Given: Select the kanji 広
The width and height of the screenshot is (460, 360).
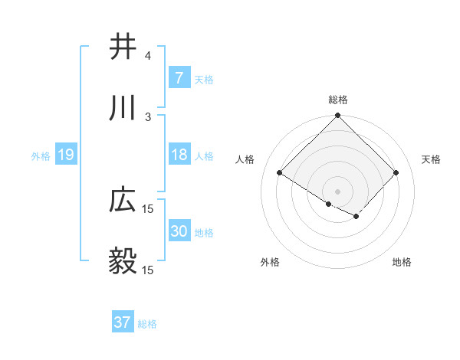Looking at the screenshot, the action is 123,201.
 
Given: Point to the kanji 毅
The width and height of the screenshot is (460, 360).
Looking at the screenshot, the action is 123,261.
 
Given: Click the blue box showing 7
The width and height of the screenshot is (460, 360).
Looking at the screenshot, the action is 179,77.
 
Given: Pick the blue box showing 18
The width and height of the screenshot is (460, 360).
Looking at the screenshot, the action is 179,155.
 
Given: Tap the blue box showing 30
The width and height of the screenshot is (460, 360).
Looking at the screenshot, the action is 179,231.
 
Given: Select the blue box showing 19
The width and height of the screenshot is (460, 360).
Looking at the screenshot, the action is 65,155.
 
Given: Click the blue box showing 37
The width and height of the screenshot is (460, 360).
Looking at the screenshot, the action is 122,322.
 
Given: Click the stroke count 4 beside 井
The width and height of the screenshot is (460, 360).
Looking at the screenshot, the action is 148,56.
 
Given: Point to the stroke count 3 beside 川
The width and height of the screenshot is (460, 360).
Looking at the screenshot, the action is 148,116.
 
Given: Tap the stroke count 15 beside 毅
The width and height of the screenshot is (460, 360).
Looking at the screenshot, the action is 148,270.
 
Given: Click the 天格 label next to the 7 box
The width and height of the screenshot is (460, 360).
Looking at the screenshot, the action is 204,79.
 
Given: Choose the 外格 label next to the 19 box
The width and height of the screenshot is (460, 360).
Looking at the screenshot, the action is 41,156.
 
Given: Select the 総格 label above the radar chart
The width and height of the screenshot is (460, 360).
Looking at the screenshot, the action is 338,100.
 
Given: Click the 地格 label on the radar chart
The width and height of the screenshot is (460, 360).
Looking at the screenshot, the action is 402,262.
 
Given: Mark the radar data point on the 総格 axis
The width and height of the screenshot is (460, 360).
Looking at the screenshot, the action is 338,116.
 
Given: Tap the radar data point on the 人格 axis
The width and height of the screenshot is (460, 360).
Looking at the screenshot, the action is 280,172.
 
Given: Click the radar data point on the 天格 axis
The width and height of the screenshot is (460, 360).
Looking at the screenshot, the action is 396,172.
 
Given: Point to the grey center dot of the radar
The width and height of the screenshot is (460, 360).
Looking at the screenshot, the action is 338,191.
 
